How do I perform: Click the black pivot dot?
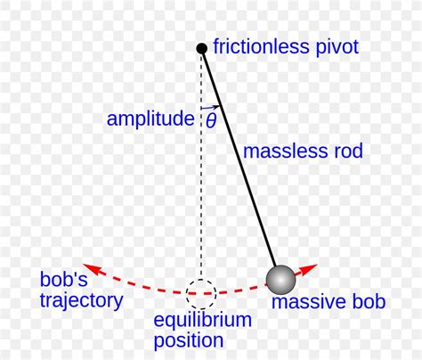tap(202, 48)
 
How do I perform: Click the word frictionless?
tap(261, 46)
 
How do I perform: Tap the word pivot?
tap(337, 48)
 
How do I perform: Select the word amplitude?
tap(150, 119)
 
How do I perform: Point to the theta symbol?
tap(211, 120)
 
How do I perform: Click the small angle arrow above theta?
tap(211, 107)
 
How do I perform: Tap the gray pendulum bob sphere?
tap(280, 280)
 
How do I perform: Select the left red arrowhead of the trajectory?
tap(91, 268)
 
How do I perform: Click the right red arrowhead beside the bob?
tap(309, 269)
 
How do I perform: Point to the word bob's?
tap(63, 279)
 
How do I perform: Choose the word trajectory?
tap(81, 301)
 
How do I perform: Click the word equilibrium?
tap(203, 320)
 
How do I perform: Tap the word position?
tap(189, 340)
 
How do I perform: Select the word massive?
tap(304, 301)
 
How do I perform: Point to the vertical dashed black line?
tap(201, 167)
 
